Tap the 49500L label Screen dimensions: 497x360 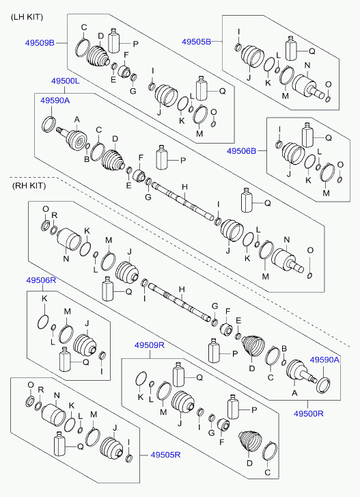66,81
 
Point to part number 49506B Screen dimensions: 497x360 243,152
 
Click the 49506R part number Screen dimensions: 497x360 40,280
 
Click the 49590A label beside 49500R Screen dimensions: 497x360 324,360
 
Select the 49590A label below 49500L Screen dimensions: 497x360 55,100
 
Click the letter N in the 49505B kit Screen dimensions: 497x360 307,66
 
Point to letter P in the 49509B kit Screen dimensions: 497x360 135,44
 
